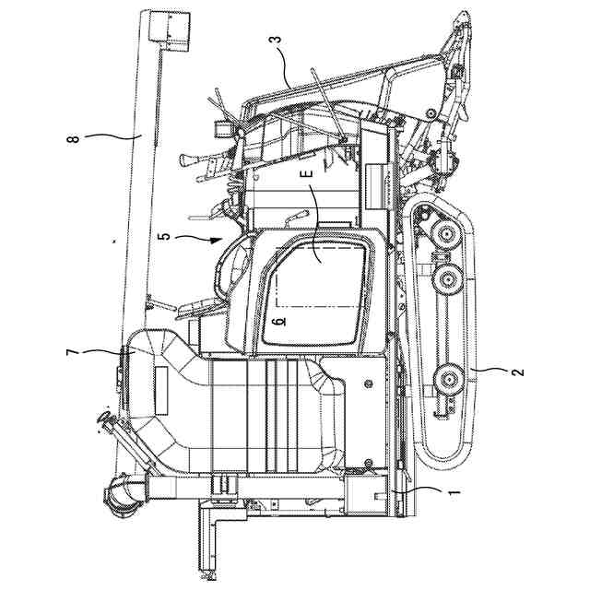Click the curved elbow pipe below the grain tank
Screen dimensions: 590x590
120,496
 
